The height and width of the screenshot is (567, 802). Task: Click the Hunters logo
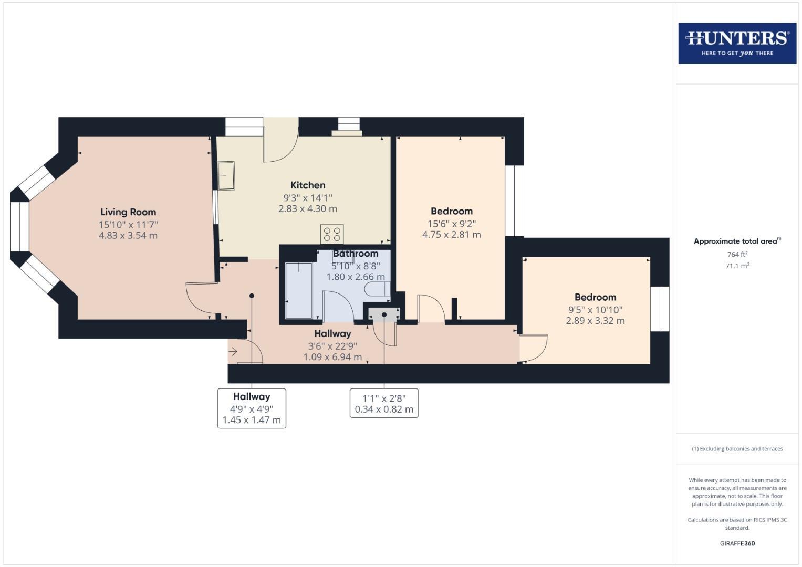737,43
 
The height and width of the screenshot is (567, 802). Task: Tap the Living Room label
128,212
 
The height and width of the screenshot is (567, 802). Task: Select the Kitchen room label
308,185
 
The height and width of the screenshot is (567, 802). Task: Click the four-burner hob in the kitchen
332,234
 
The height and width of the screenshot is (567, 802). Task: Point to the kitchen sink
227,175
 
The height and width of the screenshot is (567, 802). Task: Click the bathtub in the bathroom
298,290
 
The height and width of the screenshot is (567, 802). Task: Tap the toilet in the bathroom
378,289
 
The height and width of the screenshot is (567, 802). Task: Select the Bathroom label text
356,254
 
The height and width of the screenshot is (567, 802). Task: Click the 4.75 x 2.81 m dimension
451,235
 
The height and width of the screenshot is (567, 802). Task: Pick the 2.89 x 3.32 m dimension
595,321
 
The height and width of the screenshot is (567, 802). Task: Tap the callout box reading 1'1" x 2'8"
384,403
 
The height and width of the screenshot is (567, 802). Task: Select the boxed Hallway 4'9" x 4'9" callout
252,408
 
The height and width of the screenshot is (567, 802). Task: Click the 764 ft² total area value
737,255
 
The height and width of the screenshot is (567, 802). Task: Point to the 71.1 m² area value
737,266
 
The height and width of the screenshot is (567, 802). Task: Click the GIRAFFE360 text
737,543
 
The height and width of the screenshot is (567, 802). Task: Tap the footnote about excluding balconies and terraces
737,449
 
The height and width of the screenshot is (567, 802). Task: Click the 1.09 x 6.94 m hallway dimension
332,357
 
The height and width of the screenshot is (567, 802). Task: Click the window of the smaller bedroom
660,309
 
